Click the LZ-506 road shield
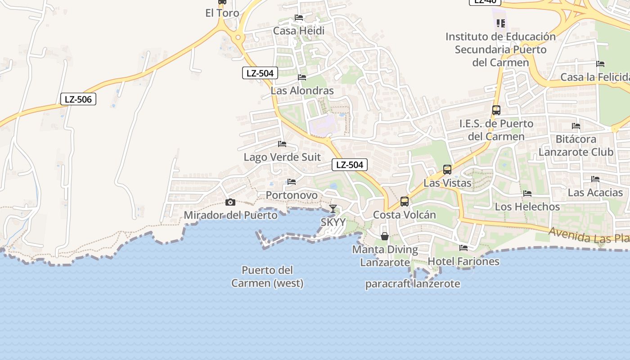[78, 99]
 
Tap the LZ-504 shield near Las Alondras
[260, 73]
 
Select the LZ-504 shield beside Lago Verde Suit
[350, 165]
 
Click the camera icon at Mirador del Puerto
[230, 202]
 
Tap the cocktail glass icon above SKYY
[333, 209]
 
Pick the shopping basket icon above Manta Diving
[385, 236]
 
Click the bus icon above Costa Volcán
[405, 202]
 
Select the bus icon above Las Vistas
[447, 170]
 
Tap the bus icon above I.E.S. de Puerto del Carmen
[496, 110]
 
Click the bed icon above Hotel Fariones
[463, 248]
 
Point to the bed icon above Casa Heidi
[299, 18]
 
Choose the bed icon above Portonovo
[292, 182]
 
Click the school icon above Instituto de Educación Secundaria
[501, 23]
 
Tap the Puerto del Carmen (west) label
[267, 277]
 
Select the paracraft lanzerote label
[413, 284]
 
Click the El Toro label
[222, 13]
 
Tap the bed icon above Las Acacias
[595, 179]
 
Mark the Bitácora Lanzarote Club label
[576, 145]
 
